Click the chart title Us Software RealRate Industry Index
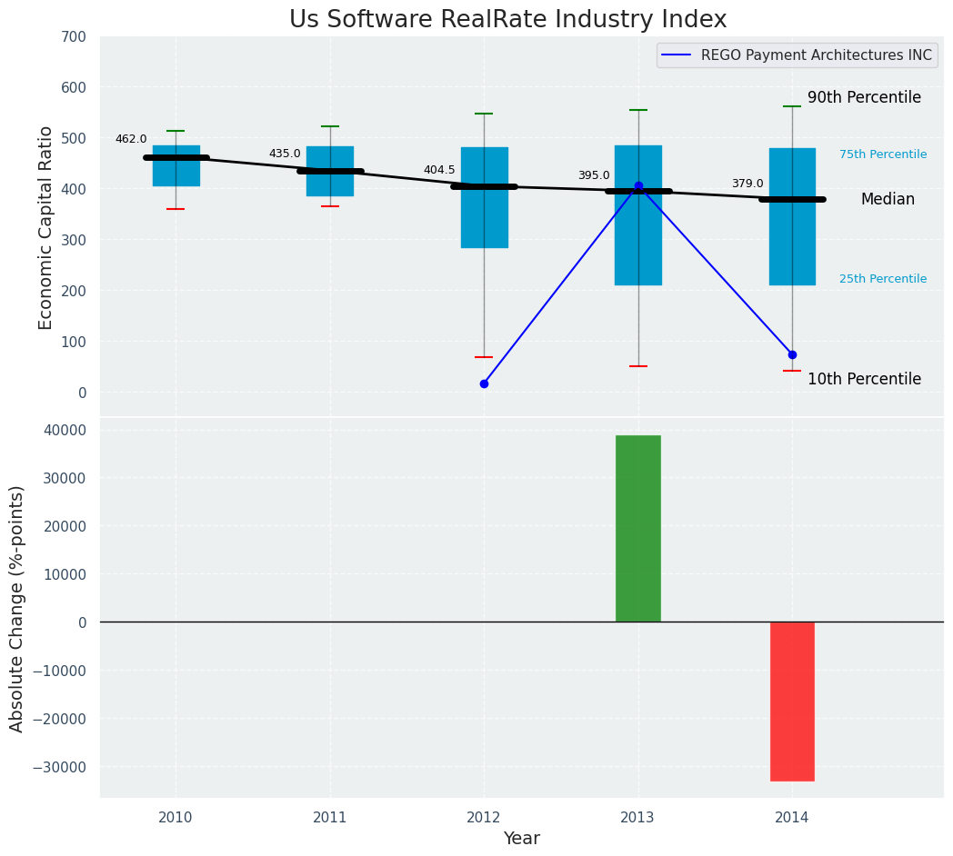point(507,20)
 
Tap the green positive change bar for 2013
point(637,528)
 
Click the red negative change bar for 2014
point(792,701)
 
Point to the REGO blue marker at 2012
point(484,383)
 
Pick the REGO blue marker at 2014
point(792,354)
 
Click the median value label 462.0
point(131,139)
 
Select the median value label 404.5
point(439,170)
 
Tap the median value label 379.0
point(747,184)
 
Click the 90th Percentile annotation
point(864,97)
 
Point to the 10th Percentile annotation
point(864,379)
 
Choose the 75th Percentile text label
point(883,154)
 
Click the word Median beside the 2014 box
point(888,199)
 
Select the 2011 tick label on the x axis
point(329,817)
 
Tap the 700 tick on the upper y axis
point(74,36)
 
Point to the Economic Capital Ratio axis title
point(45,227)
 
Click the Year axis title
point(521,839)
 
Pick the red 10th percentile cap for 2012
point(484,357)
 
